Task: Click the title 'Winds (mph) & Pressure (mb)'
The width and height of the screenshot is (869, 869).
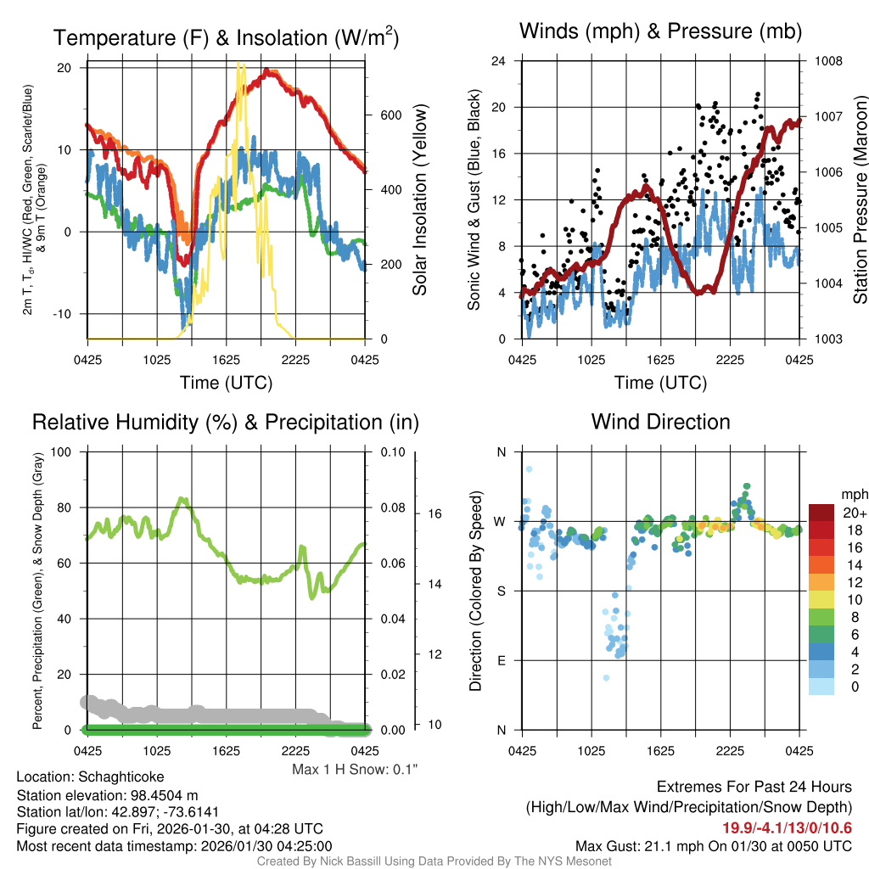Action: (x=660, y=32)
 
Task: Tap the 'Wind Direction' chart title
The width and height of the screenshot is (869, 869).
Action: (x=660, y=422)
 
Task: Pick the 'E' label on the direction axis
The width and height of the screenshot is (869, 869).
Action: (x=501, y=660)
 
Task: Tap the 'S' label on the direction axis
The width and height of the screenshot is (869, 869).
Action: (x=501, y=591)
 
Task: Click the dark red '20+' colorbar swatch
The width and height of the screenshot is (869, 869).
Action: (x=821, y=513)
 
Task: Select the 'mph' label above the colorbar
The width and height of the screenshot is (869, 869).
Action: (x=853, y=494)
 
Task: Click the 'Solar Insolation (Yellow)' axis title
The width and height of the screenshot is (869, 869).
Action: (x=420, y=200)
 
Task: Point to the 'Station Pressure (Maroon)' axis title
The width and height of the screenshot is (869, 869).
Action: (x=860, y=200)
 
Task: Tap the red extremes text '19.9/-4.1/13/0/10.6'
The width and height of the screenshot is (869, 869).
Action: (x=787, y=828)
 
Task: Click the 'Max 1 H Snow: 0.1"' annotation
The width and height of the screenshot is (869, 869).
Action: (x=355, y=770)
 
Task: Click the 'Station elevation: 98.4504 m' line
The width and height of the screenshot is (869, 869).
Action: (x=108, y=794)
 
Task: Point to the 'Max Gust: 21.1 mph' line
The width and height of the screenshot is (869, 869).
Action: (x=713, y=845)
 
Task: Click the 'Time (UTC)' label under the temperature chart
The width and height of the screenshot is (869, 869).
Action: (x=226, y=383)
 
